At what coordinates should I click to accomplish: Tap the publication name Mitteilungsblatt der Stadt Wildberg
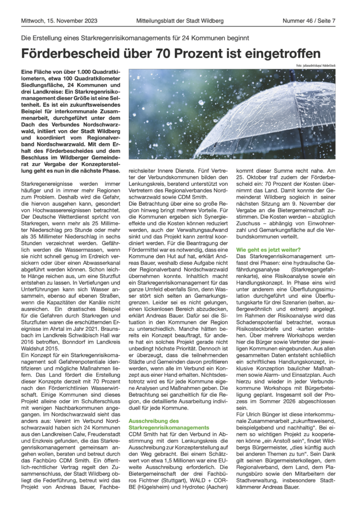pyautogui.click(x=180, y=21)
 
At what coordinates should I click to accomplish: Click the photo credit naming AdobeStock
pyautogui.click(x=310, y=66)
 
